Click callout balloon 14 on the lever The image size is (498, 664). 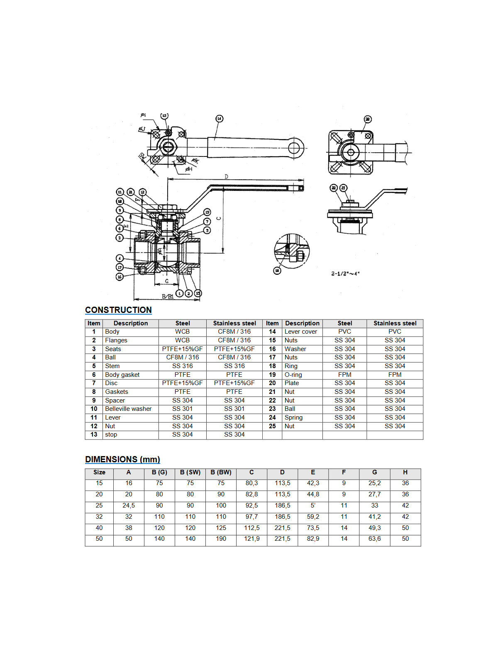pyautogui.click(x=219, y=119)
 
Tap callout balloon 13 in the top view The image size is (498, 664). pyautogui.click(x=164, y=116)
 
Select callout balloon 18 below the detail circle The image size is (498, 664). pyautogui.click(x=277, y=271)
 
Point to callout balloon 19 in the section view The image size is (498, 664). pyautogui.click(x=207, y=212)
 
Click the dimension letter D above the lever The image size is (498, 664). pyautogui.click(x=226, y=177)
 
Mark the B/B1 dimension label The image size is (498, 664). pyautogui.click(x=168, y=296)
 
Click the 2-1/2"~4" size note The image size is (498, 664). pyautogui.click(x=345, y=273)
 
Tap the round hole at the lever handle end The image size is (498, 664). pyautogui.click(x=294, y=147)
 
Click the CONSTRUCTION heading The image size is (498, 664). pyautogui.click(x=118, y=310)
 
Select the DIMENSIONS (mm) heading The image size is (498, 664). pyautogui.click(x=122, y=459)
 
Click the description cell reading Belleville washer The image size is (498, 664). pyautogui.click(x=128, y=409)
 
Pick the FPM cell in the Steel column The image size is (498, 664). pyautogui.click(x=344, y=374)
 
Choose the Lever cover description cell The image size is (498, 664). pyautogui.click(x=300, y=332)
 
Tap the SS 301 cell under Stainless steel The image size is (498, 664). pyautogui.click(x=234, y=409)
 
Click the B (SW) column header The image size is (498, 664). pyautogui.click(x=190, y=472)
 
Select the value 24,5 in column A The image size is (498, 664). pyautogui.click(x=129, y=505)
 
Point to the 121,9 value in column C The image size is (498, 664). pyautogui.click(x=251, y=539)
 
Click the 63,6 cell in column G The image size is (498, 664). pyautogui.click(x=374, y=539)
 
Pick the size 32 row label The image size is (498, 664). pyautogui.click(x=99, y=517)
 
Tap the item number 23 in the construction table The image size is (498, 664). pyautogui.click(x=272, y=409)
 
